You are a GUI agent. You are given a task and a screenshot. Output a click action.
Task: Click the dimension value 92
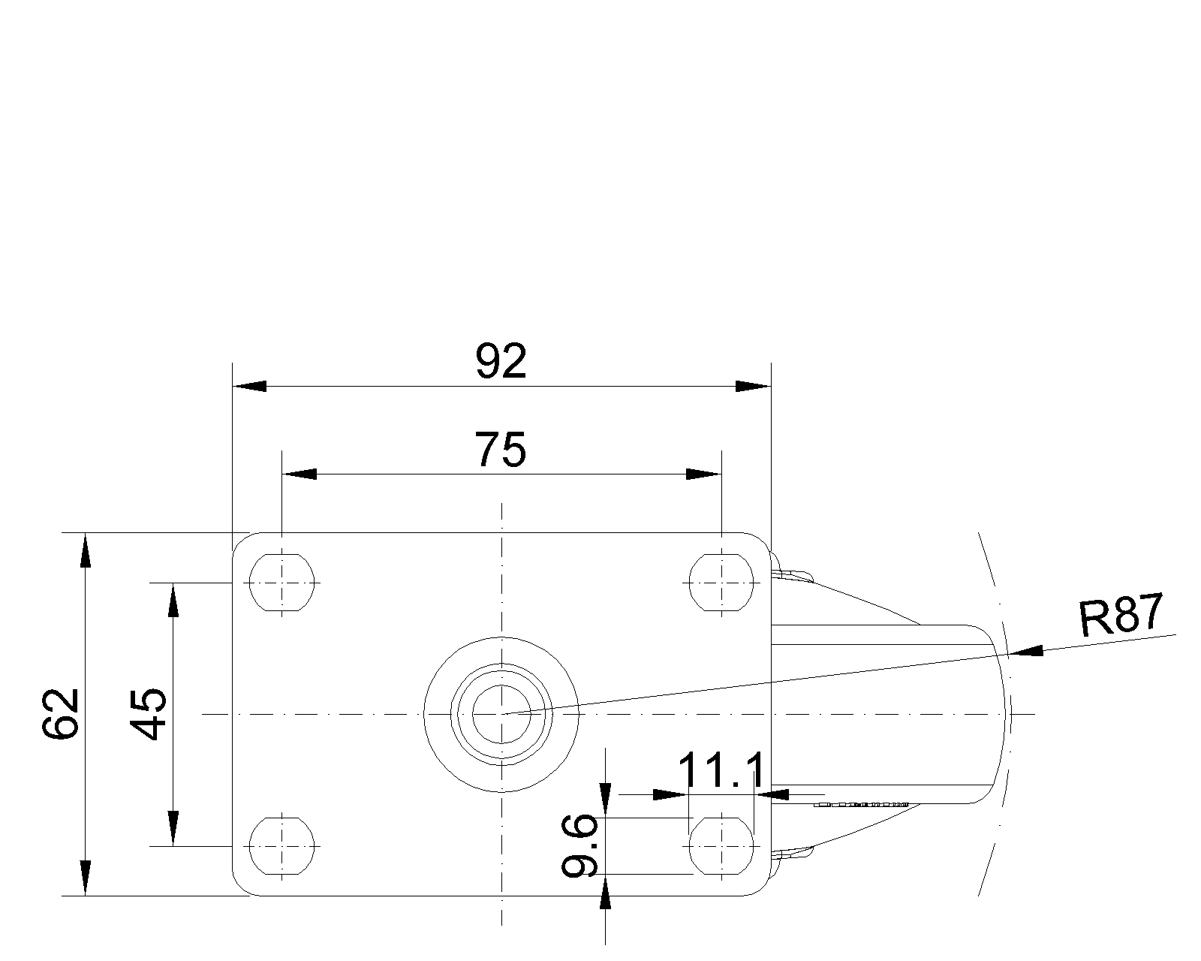[501, 363]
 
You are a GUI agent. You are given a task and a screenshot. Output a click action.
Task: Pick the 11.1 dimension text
[721, 771]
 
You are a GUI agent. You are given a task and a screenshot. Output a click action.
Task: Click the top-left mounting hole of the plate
[281, 582]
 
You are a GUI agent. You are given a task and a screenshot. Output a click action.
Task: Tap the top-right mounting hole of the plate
[721, 582]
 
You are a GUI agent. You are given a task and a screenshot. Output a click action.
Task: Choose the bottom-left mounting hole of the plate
[281, 845]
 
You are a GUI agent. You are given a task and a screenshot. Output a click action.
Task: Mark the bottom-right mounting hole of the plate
[721, 845]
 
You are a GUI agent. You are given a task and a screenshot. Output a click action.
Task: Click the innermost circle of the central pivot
[501, 713]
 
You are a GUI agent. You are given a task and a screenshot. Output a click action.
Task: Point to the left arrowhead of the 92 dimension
[249, 387]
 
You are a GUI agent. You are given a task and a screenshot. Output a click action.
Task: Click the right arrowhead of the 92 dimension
[754, 387]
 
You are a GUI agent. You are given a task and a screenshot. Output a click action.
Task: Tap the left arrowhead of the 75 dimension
[299, 474]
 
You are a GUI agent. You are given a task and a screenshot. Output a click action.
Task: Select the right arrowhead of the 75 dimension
[703, 474]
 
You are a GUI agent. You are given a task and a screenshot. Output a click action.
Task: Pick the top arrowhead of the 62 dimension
[86, 550]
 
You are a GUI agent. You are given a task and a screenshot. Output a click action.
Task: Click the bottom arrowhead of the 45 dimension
[173, 828]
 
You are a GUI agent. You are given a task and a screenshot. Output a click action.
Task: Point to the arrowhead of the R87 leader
[1027, 651]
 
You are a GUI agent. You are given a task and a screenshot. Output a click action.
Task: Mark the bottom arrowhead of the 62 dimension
[86, 878]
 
